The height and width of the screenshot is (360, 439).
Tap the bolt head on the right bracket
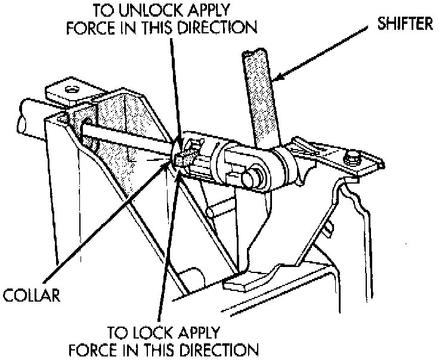click(353, 159)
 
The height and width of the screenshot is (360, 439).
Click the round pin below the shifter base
click(251, 177)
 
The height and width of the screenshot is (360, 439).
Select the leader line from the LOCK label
click(165, 250)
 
